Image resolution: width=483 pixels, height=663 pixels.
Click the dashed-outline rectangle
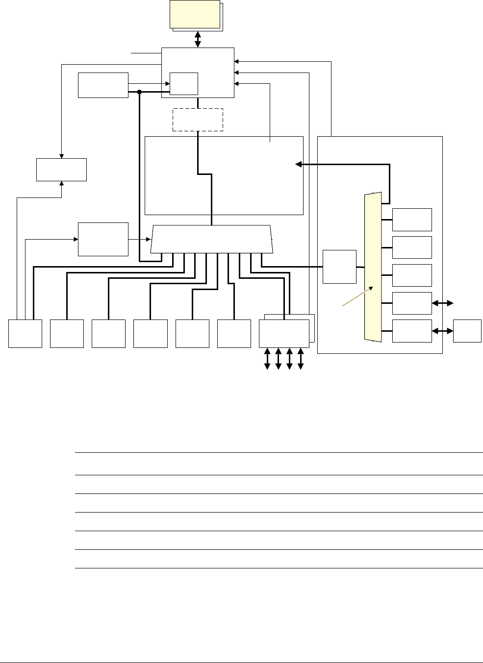tap(198, 120)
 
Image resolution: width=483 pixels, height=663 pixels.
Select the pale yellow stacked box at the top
tap(195, 14)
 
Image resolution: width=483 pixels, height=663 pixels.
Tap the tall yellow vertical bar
tap(373, 267)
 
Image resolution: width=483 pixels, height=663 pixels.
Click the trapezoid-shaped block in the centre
tap(211, 240)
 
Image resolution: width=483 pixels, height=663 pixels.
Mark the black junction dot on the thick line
tap(140, 92)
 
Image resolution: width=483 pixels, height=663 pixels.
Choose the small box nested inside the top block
tap(184, 83)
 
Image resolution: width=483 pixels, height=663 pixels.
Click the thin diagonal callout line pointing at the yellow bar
tap(356, 298)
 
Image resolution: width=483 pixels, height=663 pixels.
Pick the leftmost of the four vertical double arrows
tap(267, 359)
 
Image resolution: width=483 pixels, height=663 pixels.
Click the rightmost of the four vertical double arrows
tap(301, 359)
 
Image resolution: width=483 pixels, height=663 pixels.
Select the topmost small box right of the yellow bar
tap(412, 220)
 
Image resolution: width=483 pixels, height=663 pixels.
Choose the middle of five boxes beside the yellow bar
tap(412, 275)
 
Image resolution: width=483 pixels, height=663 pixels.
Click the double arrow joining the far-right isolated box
tap(442, 331)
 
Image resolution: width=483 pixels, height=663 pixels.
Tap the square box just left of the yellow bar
tap(340, 267)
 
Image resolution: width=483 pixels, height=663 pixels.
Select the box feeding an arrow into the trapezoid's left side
tap(103, 239)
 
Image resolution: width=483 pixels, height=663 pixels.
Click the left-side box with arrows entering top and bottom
tap(62, 170)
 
